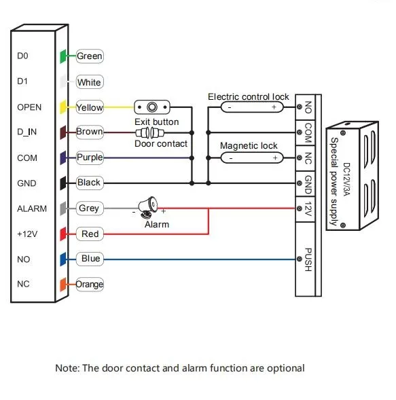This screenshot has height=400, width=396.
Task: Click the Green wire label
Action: (x=90, y=56)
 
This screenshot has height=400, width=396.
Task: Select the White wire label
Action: (x=89, y=82)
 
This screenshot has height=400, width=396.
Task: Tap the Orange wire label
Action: (x=90, y=285)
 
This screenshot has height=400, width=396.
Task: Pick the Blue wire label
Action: (x=90, y=259)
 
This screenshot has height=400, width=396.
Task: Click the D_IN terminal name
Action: (x=27, y=132)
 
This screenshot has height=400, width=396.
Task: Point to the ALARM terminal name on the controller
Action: (x=31, y=208)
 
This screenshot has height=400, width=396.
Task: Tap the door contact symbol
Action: (x=154, y=132)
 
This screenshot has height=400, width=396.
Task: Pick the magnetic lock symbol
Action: (x=252, y=158)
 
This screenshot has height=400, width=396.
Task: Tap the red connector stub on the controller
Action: (x=62, y=234)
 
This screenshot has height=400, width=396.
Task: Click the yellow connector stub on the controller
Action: (x=62, y=107)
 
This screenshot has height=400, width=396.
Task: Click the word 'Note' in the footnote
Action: (x=67, y=368)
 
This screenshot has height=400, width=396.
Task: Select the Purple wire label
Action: (x=90, y=157)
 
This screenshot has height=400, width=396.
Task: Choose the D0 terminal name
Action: (x=22, y=56)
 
